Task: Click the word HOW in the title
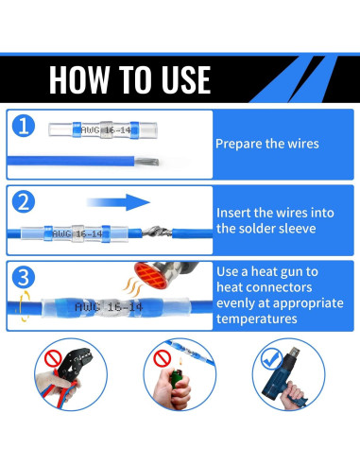point(79,79)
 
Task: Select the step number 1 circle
point(24,126)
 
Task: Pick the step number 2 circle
point(24,202)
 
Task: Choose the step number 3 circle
point(24,278)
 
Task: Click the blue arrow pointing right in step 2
point(118,202)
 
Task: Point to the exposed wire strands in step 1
point(146,162)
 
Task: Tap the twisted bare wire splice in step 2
point(157,232)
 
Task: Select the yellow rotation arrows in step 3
point(24,306)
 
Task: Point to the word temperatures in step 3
point(257,319)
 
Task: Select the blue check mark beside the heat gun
point(271,359)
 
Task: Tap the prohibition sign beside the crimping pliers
point(53,359)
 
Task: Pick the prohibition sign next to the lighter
point(163,358)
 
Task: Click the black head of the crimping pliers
point(74,361)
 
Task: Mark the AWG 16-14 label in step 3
point(109,307)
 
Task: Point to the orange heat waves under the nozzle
point(132,285)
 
